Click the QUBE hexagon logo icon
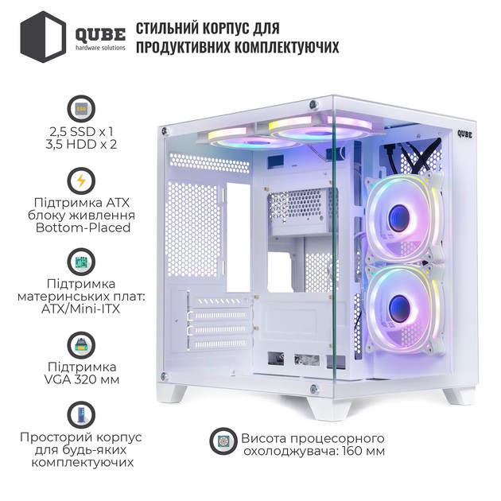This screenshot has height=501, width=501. coord(43,37)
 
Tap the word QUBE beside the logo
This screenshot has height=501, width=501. coord(100,35)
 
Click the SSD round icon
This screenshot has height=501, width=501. coord(81,108)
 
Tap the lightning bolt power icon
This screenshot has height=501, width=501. coord(81,181)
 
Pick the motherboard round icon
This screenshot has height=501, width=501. coord(81,262)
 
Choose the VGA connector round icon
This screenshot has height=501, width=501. coord(81,345)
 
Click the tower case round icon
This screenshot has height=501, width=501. coord(81,415)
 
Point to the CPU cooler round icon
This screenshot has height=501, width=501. coord(223,441)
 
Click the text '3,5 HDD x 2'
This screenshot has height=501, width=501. coord(81,145)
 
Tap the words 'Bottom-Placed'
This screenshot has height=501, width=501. coord(83,227)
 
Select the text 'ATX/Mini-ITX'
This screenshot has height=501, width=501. coord(80,309)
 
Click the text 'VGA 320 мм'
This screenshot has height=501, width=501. coord(81,380)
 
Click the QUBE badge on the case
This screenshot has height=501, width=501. coord(464,134)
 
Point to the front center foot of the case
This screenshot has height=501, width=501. coord(330,410)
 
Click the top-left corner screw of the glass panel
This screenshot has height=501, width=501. coord(165,130)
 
